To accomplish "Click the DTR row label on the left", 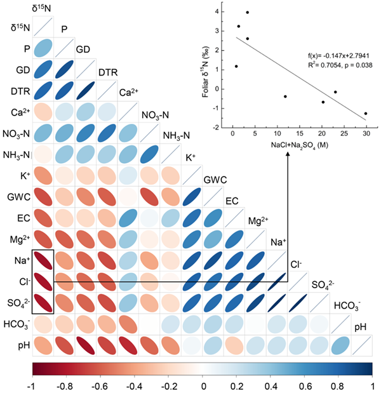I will click(18, 91).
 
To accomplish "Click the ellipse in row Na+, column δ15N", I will click(43, 260).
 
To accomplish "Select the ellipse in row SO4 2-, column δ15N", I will click(43, 302).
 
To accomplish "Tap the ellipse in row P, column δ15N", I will click(43, 48).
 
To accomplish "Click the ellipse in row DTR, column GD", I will click(86, 91).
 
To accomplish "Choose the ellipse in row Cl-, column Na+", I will click(276, 281).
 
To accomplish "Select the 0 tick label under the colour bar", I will click(203, 385).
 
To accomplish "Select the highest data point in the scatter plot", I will click(247, 12).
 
